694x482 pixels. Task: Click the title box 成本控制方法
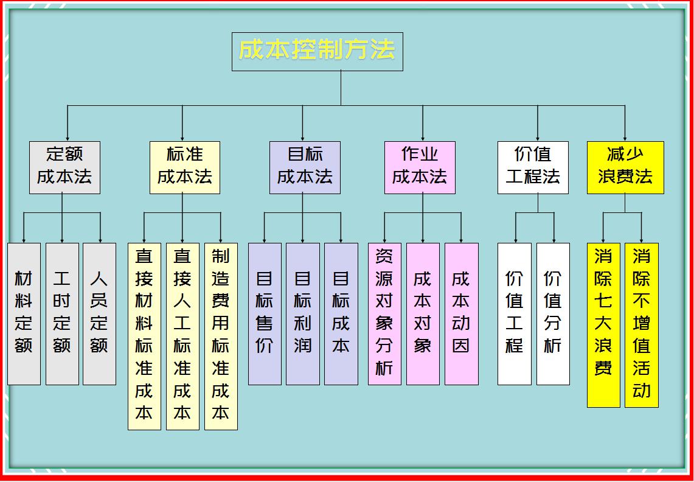318,51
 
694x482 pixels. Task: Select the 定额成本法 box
64,167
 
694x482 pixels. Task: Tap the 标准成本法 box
184,167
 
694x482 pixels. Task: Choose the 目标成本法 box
305,167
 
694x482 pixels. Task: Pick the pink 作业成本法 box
420,167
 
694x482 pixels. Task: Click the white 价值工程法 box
533,167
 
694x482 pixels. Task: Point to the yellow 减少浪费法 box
625,167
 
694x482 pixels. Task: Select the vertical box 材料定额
24,313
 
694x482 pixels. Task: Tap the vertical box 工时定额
62,313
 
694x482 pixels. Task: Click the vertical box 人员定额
100,313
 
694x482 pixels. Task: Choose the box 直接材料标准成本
144,337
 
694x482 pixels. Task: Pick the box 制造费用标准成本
221,337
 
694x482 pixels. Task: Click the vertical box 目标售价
265,313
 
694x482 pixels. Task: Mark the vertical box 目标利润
303,313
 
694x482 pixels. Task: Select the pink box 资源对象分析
384,313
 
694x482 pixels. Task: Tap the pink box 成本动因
462,313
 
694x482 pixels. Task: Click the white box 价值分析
553,313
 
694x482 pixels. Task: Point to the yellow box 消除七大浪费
603,325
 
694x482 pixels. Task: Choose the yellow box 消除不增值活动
642,325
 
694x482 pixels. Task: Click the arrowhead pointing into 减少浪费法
625,138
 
